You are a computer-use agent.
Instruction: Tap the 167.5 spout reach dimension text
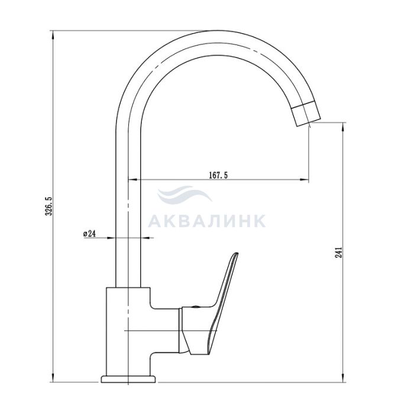click(x=218, y=175)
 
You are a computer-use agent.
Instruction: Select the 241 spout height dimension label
click(x=338, y=253)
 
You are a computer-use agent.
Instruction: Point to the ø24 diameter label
click(x=89, y=234)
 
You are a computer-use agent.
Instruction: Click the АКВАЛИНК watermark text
click(x=207, y=221)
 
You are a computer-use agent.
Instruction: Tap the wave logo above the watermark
click(x=185, y=194)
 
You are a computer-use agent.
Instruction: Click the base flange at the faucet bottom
click(x=128, y=379)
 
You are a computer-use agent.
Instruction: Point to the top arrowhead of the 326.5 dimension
click(x=53, y=35)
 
